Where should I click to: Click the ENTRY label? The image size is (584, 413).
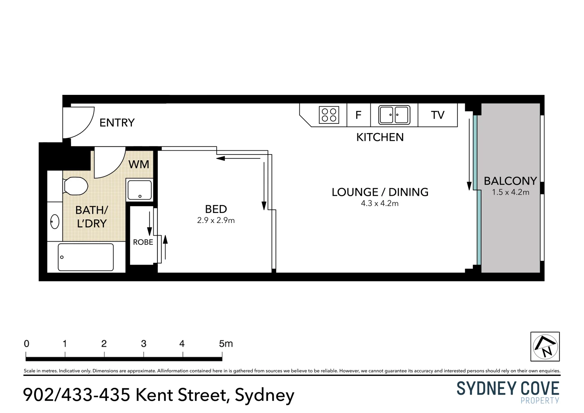click(117, 123)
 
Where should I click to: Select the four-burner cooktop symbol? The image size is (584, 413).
click(329, 115)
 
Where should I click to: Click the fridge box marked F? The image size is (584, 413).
click(359, 115)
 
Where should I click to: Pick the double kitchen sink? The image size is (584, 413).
click(394, 115)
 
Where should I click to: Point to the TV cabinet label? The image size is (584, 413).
click(438, 115)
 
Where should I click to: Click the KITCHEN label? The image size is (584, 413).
click(380, 137)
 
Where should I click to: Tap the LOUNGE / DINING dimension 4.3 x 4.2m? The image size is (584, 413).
click(380, 203)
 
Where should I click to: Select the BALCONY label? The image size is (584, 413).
click(510, 181)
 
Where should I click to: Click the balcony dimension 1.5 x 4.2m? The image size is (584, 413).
click(510, 192)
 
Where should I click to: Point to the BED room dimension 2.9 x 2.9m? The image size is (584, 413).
click(216, 220)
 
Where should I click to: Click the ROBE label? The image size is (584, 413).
click(143, 242)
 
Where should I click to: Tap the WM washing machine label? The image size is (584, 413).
click(139, 164)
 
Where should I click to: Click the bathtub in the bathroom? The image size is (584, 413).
click(86, 257)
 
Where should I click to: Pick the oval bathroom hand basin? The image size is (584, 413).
click(55, 221)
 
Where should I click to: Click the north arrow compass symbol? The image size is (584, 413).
click(545, 346)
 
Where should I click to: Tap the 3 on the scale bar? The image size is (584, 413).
click(144, 344)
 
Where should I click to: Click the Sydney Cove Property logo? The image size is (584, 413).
click(508, 392)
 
